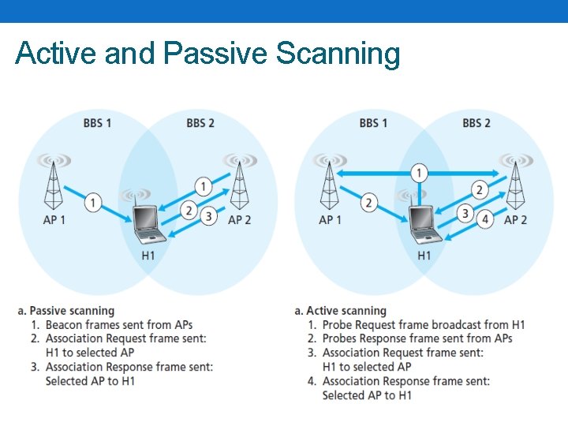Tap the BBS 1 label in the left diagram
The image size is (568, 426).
(97, 123)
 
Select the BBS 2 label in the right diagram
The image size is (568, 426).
(476, 123)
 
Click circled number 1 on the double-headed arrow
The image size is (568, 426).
(420, 173)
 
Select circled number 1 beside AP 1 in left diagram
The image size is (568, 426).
(92, 203)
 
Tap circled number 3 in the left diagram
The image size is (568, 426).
(208, 215)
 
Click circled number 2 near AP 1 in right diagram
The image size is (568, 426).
(368, 203)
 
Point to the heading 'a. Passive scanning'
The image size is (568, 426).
(72, 311)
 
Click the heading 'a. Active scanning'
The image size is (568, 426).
(340, 311)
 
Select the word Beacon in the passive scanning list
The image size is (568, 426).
(65, 325)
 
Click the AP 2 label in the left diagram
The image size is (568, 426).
(239, 220)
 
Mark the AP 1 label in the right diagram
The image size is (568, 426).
(329, 220)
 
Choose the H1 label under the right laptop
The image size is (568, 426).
(424, 255)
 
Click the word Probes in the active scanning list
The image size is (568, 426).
(342, 339)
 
